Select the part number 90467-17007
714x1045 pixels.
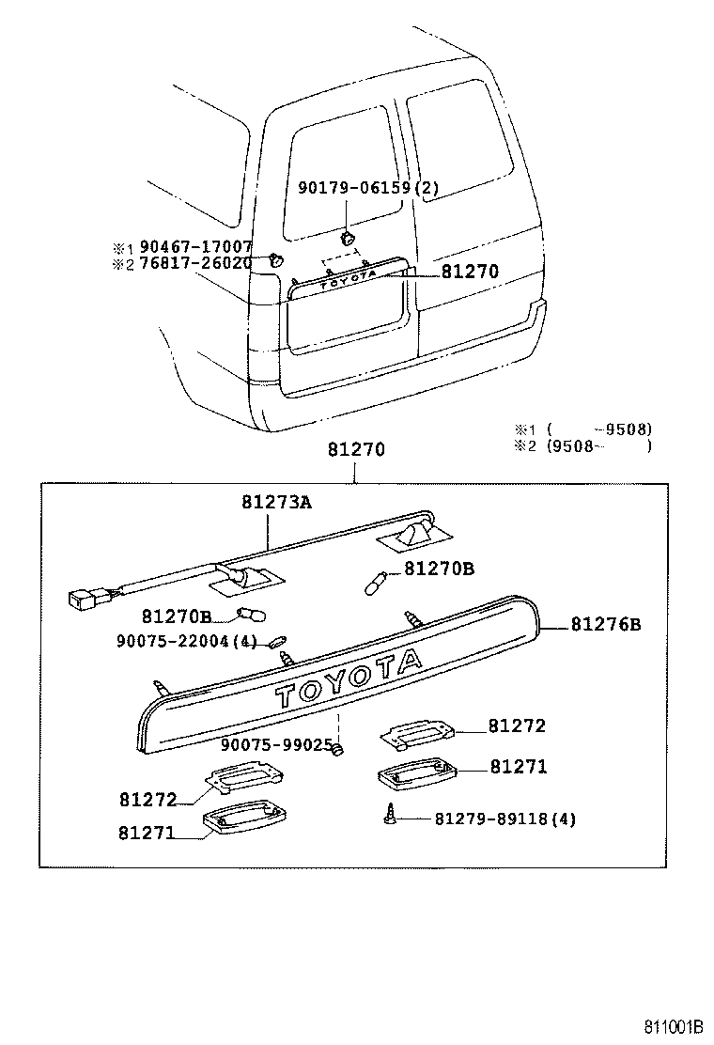[194, 247]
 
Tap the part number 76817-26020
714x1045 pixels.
[194, 263]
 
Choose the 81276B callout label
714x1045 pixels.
[606, 624]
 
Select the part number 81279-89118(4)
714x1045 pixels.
[504, 819]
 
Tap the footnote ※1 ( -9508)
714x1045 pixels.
[582, 429]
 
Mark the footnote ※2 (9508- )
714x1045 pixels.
[582, 446]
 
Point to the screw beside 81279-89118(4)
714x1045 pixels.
[388, 816]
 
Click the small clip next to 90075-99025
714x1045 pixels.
[342, 748]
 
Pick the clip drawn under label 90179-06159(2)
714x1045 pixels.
[347, 238]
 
